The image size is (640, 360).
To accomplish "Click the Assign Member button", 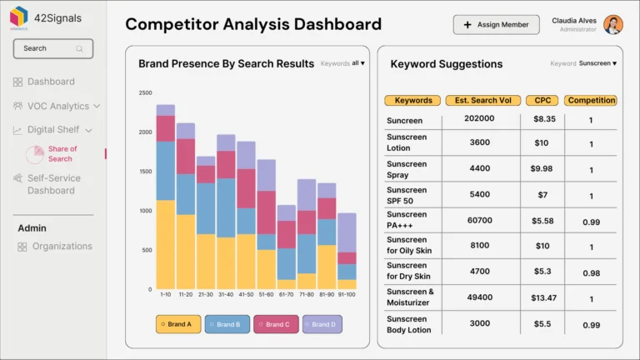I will coord(496,25).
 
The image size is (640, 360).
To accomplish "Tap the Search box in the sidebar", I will coord(53,48).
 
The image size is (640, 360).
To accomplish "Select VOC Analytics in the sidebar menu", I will coord(57,106).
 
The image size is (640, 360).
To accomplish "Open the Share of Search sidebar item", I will coord(61,154).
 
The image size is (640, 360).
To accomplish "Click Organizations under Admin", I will coord(62,247).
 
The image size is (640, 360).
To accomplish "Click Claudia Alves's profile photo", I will coord(613,25).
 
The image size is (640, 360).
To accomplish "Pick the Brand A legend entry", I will coord(178,324).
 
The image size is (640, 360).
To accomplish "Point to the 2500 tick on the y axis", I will coord(145,93).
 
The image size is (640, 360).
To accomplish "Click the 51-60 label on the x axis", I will coord(266,294).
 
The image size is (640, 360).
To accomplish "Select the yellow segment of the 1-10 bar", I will coord(166,244).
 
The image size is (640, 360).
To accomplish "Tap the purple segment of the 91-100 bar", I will coord(347,232).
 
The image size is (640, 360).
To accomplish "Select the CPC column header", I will coord(542,101).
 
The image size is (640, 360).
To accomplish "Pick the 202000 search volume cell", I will coord(479,119).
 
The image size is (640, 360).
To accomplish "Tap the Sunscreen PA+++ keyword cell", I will coord(407,219).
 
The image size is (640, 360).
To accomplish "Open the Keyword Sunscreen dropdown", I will coord(597,63).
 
